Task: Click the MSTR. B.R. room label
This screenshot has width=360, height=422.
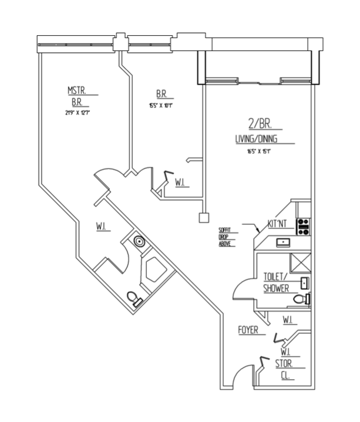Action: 80,96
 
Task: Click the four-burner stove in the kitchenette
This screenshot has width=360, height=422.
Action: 303,227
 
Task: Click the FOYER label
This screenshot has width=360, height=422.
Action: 249,330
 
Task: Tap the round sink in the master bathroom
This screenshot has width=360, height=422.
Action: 139,240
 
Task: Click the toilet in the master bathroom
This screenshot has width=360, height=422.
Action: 135,299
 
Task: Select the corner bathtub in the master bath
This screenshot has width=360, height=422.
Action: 155,270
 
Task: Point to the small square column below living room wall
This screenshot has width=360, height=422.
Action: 203,217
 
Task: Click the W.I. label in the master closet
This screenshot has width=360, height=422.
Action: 103,227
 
